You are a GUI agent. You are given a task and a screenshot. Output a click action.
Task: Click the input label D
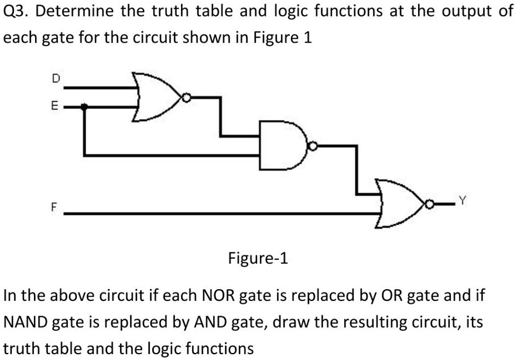coord(56,77)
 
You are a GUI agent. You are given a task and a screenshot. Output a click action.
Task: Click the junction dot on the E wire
coord(85,107)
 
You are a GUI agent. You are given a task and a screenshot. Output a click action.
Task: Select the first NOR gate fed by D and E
coord(156,97)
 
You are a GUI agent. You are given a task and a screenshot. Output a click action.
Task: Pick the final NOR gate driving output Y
coord(402,204)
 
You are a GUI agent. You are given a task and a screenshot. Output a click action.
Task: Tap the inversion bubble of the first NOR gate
coord(187,98)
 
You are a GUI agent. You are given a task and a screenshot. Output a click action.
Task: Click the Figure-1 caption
coord(258,258)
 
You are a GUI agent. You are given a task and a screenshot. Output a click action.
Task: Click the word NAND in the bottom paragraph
coord(26,322)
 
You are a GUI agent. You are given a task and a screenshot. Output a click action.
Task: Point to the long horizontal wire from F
coord(222,214)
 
